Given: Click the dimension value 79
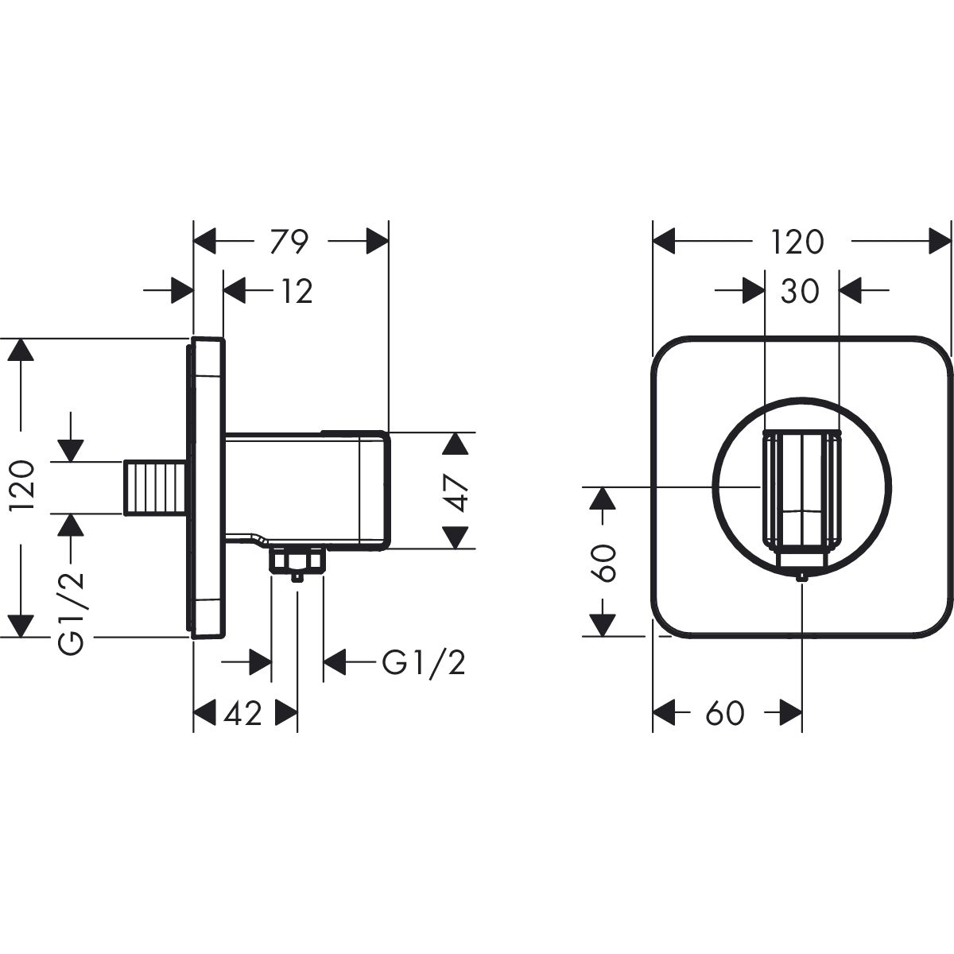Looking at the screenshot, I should coord(289,242).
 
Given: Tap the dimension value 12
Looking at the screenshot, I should coord(296,292).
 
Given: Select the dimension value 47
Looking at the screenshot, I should coord(456,491).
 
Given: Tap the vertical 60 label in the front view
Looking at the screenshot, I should coord(604,562).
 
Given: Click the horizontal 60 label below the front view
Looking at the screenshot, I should coord(723,713).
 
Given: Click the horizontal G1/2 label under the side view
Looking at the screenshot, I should coord(423,661).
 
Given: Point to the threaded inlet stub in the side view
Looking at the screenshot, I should coord(157,487).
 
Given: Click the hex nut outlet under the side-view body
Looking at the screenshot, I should coord(297,562).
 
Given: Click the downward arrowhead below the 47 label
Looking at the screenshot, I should coord(456,537).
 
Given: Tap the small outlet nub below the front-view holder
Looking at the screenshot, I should coord(802,576).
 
